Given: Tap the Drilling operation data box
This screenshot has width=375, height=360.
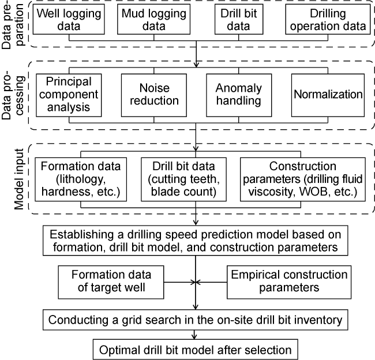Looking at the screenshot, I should (x=328, y=20).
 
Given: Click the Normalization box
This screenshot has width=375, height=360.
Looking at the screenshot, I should (x=328, y=94).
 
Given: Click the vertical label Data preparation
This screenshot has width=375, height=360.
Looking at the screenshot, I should (x=9, y=24).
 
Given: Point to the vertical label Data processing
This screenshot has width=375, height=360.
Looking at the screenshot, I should (x=9, y=94).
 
